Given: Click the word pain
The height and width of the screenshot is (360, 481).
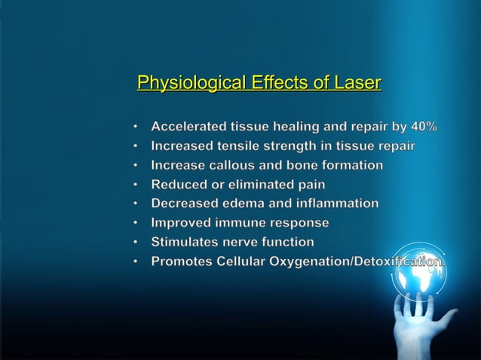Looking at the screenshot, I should pos(311,184).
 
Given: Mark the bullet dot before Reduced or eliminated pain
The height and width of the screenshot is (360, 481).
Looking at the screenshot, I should pos(135,184).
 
